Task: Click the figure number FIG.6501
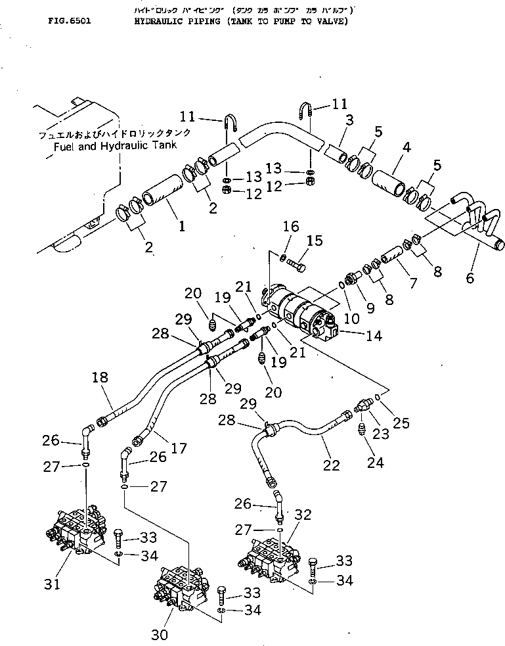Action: [x=69, y=20]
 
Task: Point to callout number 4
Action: [x=406, y=147]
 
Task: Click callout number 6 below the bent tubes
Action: [x=469, y=278]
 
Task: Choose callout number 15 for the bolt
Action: [x=315, y=241]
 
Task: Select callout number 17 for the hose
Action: [x=179, y=450]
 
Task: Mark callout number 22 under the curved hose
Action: [x=332, y=465]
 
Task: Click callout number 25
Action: [x=402, y=424]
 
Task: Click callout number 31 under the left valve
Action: [x=53, y=583]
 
